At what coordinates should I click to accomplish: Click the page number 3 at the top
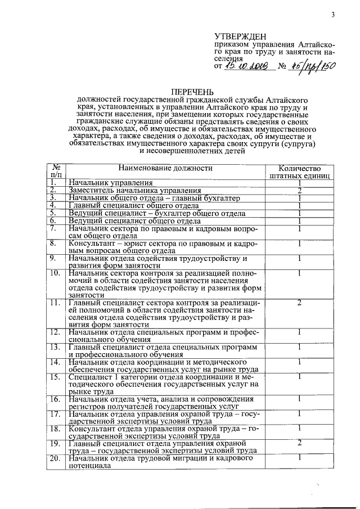[x=333, y=15]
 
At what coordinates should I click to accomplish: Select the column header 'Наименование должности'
[x=165, y=168]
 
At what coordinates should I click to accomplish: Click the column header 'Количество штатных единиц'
[x=300, y=172]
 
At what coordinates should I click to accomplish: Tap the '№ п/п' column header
[x=56, y=172]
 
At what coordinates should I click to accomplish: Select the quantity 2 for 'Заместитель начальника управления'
[x=300, y=191]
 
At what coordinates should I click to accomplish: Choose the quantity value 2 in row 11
[x=300, y=303]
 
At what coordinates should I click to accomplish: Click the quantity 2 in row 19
[x=300, y=443]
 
